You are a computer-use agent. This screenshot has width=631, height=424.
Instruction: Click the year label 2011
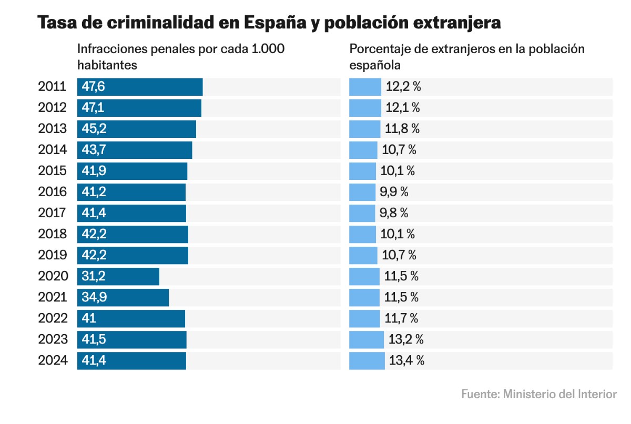tap(52, 87)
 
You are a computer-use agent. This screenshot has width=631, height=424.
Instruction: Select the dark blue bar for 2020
tap(118, 276)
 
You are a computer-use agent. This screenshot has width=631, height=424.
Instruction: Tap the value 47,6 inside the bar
tap(93, 87)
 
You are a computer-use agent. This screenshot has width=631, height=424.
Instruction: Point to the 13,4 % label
tap(406, 360)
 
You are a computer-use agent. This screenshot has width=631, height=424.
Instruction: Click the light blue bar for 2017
tap(362, 213)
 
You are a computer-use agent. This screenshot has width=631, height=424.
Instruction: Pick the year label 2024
tap(52, 360)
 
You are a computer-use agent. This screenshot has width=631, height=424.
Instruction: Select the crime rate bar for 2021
tap(123, 297)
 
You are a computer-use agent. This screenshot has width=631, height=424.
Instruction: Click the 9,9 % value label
tap(394, 192)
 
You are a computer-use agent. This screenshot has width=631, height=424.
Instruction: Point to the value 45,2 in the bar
tap(94, 129)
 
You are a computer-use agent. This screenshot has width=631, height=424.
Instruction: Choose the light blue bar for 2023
tap(367, 339)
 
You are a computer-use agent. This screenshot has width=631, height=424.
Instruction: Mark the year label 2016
tap(52, 192)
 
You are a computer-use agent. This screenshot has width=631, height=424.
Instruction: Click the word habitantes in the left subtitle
tap(107, 65)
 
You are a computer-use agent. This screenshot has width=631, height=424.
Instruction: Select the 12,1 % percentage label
tap(403, 108)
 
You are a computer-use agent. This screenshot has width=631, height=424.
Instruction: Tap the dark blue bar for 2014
tap(135, 150)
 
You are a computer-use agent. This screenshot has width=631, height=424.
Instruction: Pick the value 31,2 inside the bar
tap(93, 276)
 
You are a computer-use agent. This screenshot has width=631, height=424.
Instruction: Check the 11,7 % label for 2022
tap(401, 318)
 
